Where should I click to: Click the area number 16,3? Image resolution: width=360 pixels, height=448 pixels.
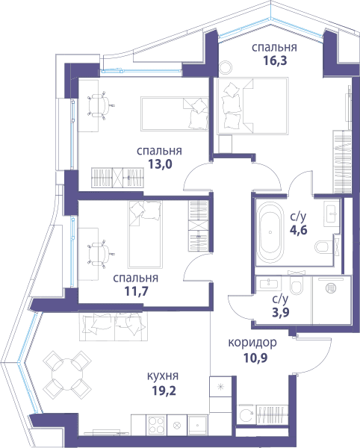tap(275, 61)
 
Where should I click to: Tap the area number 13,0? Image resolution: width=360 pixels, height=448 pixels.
tap(160, 164)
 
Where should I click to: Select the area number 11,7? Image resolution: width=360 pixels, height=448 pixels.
tap(136, 291)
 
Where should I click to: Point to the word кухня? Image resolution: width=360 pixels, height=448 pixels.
tap(163, 376)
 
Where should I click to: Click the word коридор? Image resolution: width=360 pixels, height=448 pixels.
tap(252, 343)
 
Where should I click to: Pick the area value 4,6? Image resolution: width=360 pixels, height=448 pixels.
tap(299, 230)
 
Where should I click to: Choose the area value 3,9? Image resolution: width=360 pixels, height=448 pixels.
tap(281, 312)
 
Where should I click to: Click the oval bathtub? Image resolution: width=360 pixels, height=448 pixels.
tap(270, 231)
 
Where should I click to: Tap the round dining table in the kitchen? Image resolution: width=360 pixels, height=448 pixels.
tap(67, 374)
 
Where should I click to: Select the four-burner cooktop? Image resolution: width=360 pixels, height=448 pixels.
tap(157, 425)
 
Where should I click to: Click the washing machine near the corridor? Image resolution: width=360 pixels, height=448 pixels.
tap(246, 414)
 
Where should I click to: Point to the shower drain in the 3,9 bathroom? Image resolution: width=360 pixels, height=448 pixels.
tap(332, 287)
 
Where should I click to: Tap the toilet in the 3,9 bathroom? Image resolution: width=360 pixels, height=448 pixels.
tap(297, 286)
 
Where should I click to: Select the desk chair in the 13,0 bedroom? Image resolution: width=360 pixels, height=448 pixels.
tap(99, 105)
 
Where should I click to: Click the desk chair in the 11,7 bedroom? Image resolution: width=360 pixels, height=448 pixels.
tap(99, 253)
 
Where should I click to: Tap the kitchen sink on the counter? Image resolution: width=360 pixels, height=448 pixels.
tap(197, 425)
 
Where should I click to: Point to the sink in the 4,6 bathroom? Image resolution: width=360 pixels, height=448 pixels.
tap(332, 212)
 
